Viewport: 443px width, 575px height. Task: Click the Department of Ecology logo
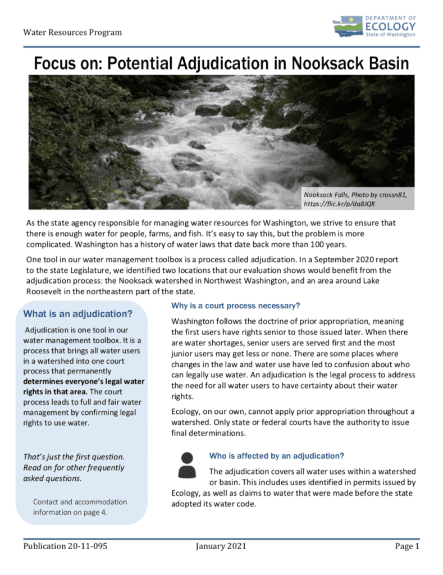pos(374,26)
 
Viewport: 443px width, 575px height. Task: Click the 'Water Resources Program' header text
pos(72,32)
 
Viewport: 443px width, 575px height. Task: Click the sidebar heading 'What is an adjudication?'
pos(78,313)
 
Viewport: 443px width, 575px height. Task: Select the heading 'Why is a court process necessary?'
pos(236,306)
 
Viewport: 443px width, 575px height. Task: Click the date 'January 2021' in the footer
pos(221,546)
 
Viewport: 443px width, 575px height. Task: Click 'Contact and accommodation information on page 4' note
pos(80,507)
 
